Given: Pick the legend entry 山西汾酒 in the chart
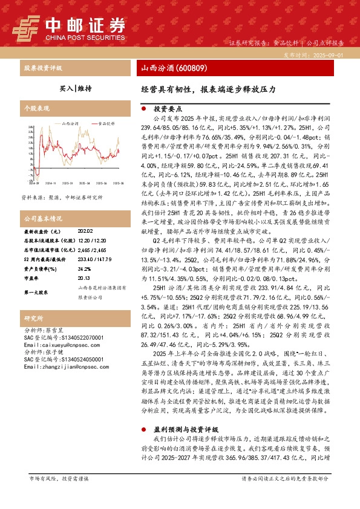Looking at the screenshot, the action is click(x=70, y=123).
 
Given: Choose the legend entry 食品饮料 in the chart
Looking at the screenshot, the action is click(x=106, y=123).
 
